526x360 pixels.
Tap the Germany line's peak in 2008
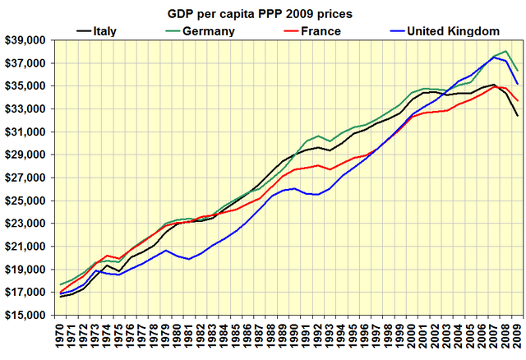click(505, 51)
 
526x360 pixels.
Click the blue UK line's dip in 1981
click(190, 259)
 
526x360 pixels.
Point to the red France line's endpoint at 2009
click(517, 101)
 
